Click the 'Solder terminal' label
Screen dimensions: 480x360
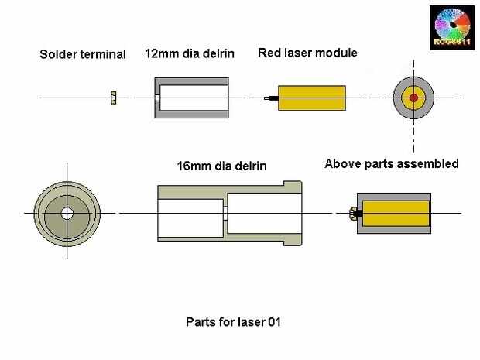(83, 54)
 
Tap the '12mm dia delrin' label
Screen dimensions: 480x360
(190, 53)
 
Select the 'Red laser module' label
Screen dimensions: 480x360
(307, 53)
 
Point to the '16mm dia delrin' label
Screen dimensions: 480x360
(221, 166)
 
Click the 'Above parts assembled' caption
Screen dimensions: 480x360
(392, 164)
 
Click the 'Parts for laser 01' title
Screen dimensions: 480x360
(233, 322)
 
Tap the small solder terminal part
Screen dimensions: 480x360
(114, 98)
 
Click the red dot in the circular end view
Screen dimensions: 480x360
(413, 98)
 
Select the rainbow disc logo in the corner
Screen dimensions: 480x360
(452, 28)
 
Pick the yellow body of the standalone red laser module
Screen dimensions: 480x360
(312, 98)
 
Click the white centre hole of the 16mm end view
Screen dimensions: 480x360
(67, 214)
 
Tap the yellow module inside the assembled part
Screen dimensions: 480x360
(396, 214)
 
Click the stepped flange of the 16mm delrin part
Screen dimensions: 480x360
(293, 213)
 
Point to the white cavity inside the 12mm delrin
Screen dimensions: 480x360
(194, 98)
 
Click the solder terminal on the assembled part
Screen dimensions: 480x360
(352, 214)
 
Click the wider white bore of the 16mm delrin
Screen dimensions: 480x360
(265, 213)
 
